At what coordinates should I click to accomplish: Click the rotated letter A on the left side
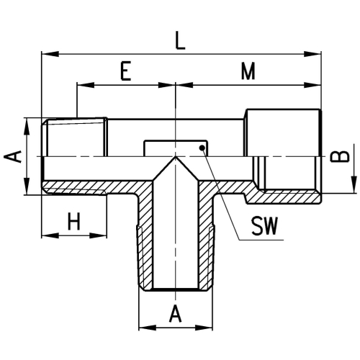point(12,156)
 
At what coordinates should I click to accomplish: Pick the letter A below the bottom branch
point(175,314)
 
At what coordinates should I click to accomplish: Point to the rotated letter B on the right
point(345,156)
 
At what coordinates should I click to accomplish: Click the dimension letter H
point(73,221)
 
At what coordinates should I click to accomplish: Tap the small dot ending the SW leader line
point(203,149)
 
